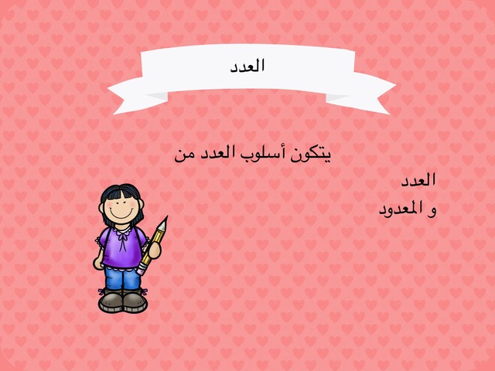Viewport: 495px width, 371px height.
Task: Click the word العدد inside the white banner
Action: pos(247,66)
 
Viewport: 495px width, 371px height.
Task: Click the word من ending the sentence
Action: pos(184,156)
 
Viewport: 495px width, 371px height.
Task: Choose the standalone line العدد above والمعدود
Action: pos(418,180)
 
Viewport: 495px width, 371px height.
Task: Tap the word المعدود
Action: pos(401,209)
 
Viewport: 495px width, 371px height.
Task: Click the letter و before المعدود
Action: pos(432,211)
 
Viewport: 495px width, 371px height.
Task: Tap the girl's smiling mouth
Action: pos(121,215)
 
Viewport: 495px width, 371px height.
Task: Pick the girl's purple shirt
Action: pos(121,247)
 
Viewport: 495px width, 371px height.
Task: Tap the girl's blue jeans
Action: pos(122,278)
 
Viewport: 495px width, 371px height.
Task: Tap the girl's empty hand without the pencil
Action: pos(98,263)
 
